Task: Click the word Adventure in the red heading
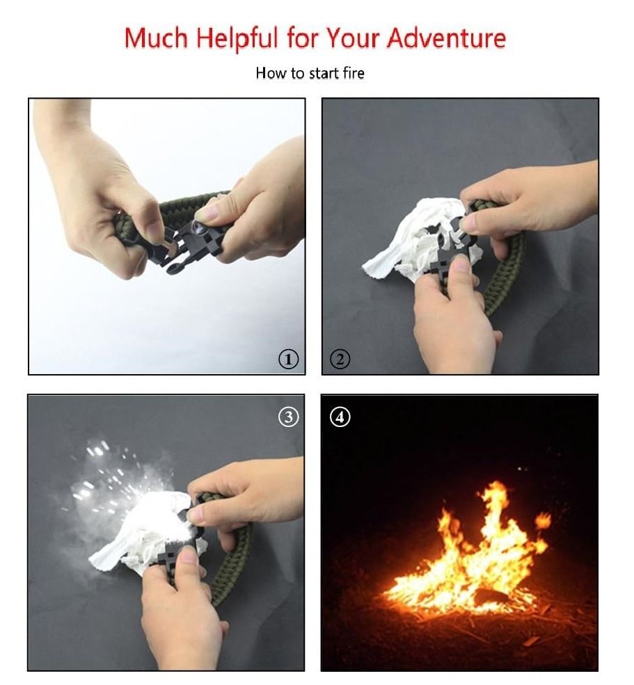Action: pyautogui.click(x=447, y=38)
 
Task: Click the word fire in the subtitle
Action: pyautogui.click(x=352, y=73)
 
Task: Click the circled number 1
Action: pyautogui.click(x=288, y=359)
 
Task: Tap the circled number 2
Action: pyautogui.click(x=340, y=359)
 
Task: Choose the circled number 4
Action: pyautogui.click(x=340, y=417)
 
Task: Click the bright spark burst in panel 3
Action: pyautogui.click(x=139, y=487)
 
